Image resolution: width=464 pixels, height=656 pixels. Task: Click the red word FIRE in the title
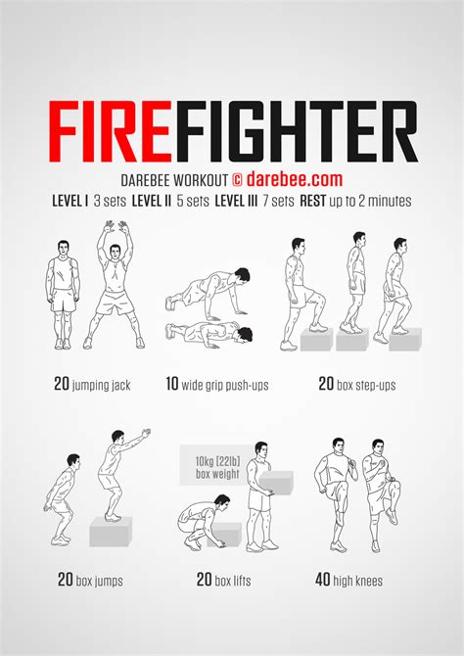[x=110, y=131]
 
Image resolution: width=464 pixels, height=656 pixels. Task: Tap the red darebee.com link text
[x=294, y=179]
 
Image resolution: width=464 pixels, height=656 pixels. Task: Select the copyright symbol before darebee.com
[x=237, y=180]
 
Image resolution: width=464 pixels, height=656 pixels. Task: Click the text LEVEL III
[x=236, y=202]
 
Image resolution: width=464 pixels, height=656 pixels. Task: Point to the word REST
[x=312, y=202]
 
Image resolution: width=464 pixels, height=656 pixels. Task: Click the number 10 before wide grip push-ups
[x=172, y=384]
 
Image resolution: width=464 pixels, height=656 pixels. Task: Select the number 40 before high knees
[x=323, y=580]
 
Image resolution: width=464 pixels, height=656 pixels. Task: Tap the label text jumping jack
[x=101, y=385]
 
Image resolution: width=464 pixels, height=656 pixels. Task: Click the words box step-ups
[x=366, y=385]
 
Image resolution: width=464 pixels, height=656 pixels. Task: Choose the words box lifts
[x=233, y=581]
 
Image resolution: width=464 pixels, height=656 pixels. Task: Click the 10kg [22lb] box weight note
[x=217, y=468]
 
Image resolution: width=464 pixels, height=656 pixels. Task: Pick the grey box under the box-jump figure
[x=111, y=532]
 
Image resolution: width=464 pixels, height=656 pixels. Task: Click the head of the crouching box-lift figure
[x=221, y=502]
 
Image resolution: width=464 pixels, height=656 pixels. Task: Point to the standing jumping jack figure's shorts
[x=64, y=301]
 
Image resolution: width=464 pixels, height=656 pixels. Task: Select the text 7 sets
[x=278, y=202]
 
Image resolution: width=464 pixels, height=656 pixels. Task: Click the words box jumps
[x=99, y=581]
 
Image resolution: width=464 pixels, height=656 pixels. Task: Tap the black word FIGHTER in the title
[x=297, y=131]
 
